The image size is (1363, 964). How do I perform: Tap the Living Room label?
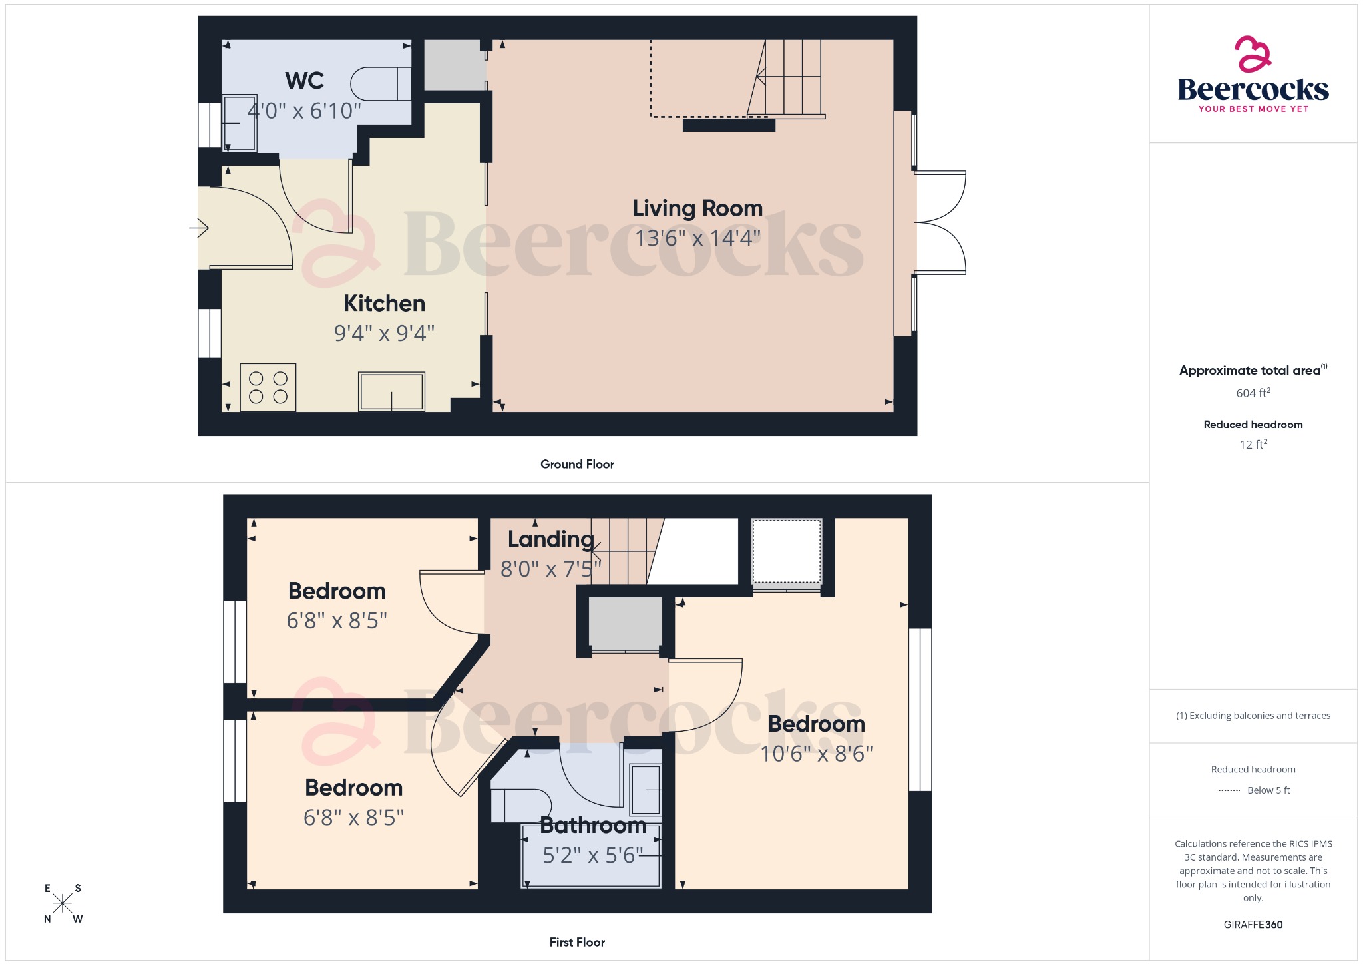click(x=697, y=208)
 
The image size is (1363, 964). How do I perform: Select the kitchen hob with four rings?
click(x=268, y=387)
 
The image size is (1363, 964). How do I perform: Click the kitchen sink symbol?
click(x=391, y=391)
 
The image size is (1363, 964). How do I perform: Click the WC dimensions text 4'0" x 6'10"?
click(x=304, y=111)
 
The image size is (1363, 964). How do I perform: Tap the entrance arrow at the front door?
click(x=199, y=228)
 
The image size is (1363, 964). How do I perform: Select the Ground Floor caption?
click(x=577, y=464)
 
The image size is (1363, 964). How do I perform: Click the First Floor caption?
click(x=577, y=942)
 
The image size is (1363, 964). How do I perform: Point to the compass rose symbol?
click(x=63, y=903)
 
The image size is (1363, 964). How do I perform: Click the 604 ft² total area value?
click(x=1253, y=393)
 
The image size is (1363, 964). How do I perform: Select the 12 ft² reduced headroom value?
click(x=1253, y=445)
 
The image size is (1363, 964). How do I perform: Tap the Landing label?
click(x=550, y=539)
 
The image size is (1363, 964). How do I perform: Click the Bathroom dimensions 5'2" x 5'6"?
click(x=592, y=855)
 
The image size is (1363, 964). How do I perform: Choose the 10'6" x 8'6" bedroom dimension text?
click(x=817, y=754)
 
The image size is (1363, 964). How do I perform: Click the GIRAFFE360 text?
click(x=1253, y=925)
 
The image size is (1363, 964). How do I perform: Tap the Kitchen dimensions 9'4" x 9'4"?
click(x=384, y=333)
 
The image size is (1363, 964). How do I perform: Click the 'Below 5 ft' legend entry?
click(x=1267, y=790)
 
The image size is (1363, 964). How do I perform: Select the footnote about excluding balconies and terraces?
click(x=1253, y=716)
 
